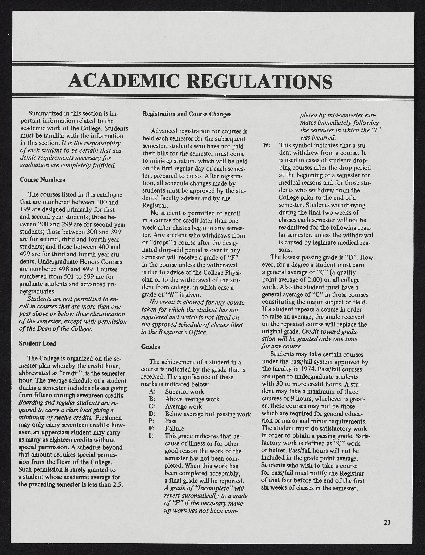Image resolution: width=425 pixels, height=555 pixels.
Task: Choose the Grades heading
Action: click(150, 347)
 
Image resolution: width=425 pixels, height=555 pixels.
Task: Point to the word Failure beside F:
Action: click(175, 429)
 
